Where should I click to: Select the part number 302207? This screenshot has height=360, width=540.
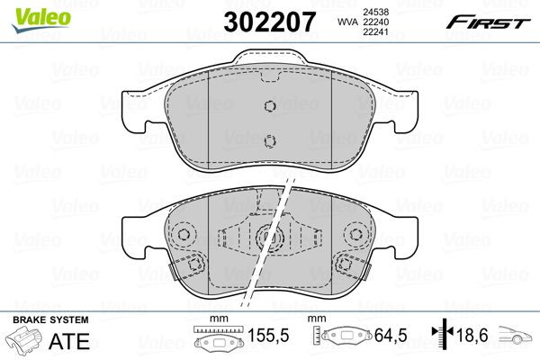[271, 19]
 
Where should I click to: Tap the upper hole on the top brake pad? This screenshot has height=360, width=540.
[269, 105]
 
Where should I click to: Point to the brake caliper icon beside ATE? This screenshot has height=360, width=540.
[25, 343]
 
